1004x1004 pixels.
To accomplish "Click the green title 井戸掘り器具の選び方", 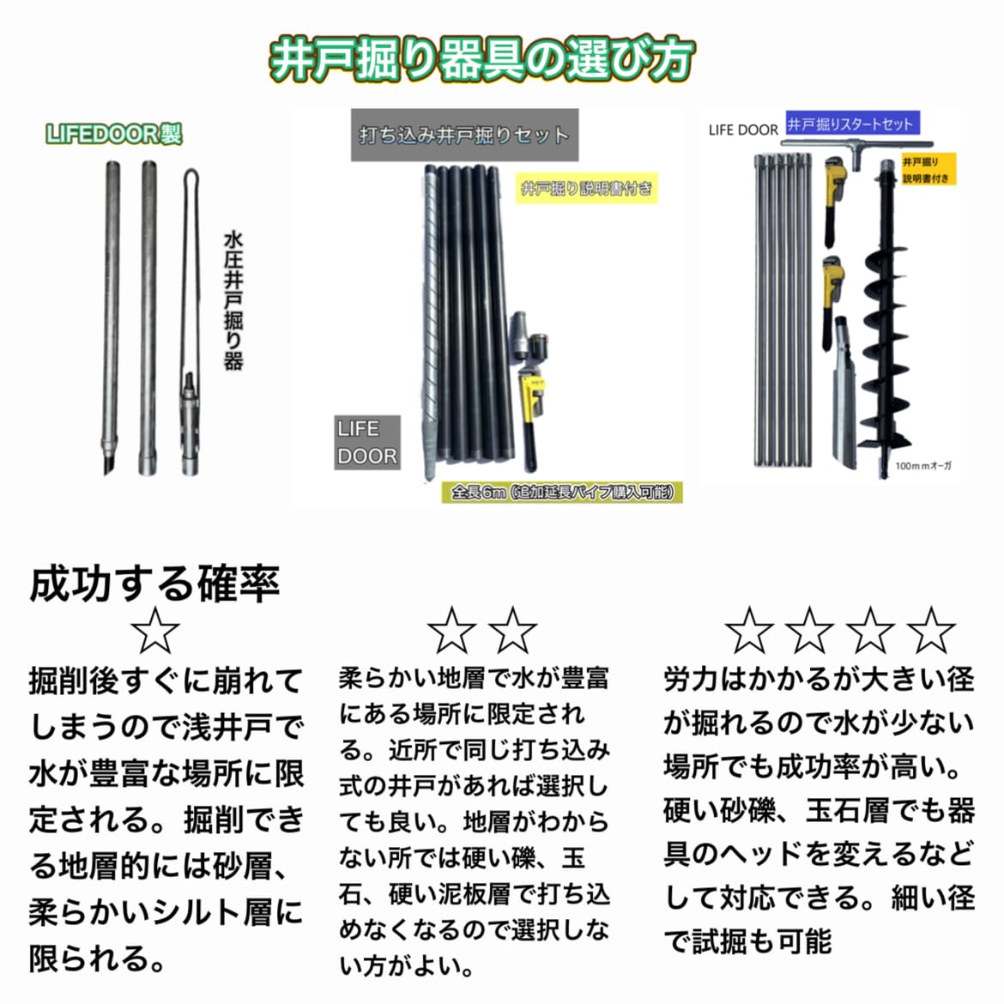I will click(481, 59).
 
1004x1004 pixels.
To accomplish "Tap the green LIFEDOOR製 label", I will click(114, 134).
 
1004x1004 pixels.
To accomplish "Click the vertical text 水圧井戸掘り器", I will click(233, 299).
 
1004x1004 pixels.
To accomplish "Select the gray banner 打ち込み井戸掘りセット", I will click(463, 135).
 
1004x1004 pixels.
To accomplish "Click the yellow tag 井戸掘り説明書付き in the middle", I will click(587, 189).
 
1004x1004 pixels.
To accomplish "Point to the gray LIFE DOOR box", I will click(366, 442).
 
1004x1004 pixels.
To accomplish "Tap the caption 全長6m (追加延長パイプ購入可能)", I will click(562, 493).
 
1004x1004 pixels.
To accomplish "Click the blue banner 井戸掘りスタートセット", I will click(850, 124).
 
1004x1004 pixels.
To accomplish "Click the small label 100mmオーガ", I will click(922, 466).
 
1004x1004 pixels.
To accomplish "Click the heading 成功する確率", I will click(154, 584).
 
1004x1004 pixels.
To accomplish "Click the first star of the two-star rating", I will click(451, 631).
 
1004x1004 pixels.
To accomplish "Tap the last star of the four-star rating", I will click(931, 631).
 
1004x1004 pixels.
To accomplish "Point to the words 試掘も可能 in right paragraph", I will click(762, 941).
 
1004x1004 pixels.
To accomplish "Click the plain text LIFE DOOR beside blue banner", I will click(743, 130).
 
